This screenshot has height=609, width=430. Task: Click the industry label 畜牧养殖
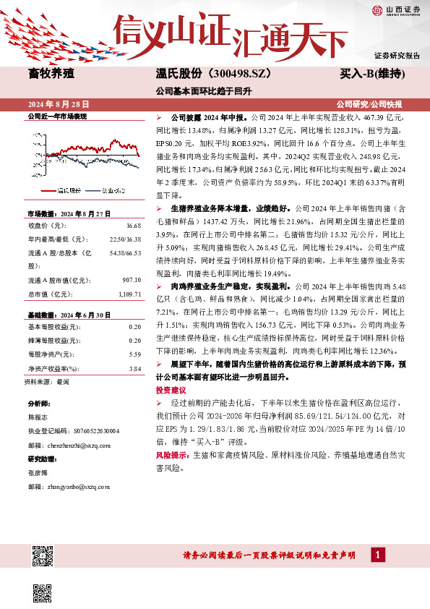click(50, 74)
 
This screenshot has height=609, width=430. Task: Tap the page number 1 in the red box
click(378, 553)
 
